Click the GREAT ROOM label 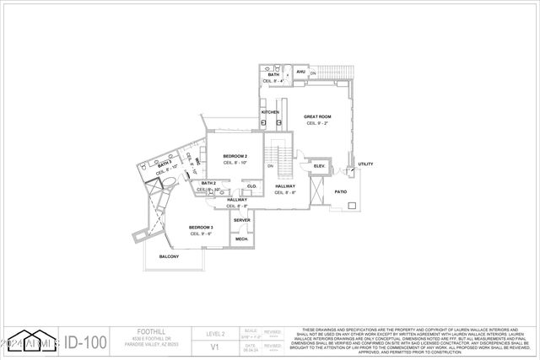[x=318, y=117]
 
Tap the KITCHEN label [x=270, y=112]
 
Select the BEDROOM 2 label [x=234, y=157]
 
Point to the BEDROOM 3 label [x=201, y=228]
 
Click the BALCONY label [x=169, y=256]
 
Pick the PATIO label [x=341, y=191]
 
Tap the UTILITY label [x=365, y=164]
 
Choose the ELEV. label [x=320, y=166]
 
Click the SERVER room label [x=242, y=220]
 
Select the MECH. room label [x=241, y=239]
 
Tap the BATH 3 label [x=164, y=163]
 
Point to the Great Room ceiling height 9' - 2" [x=318, y=123]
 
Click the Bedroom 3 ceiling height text [x=201, y=234]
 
